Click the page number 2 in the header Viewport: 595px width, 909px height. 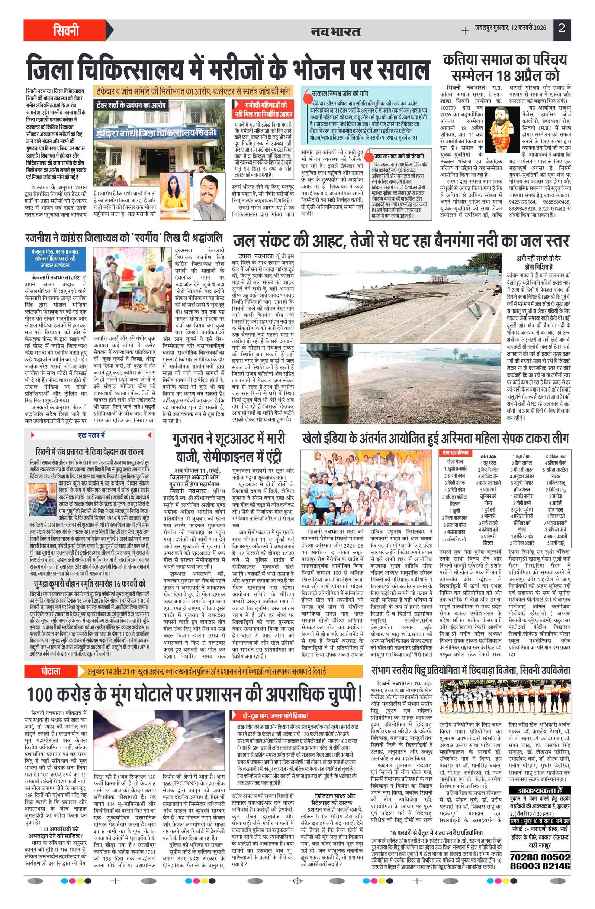point(562,28)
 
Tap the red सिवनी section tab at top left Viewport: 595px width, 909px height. point(66,30)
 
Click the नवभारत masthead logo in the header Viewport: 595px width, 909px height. point(335,31)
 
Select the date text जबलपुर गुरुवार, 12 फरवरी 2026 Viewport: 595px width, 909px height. point(510,28)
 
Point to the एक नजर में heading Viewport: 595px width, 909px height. point(91,435)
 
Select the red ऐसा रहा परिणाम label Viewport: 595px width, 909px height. point(456,452)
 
